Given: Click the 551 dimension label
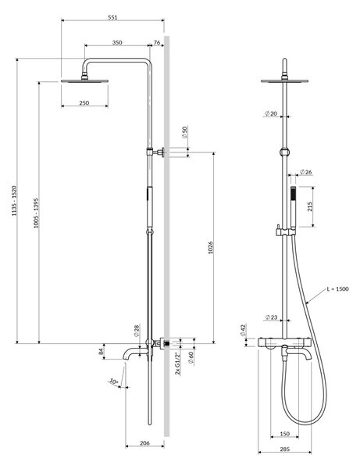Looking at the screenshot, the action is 112,17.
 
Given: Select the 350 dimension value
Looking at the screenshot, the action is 117,42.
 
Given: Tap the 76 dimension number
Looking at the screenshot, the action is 157,42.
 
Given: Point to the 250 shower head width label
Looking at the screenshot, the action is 84,102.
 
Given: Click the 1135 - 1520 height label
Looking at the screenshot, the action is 14,201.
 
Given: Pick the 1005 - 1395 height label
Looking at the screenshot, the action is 36,213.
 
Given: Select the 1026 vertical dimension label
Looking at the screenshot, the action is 211,248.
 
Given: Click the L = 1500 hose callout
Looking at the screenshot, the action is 337,289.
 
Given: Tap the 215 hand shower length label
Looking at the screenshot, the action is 309,206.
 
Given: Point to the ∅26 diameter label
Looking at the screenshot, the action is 305,172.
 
